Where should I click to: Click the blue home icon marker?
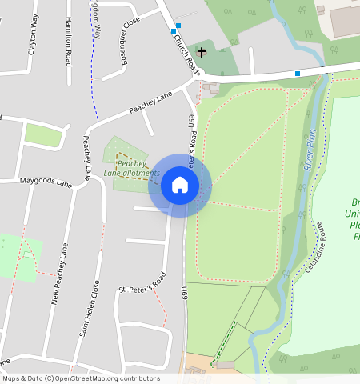pos(180,186)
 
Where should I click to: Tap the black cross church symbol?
pos(202,54)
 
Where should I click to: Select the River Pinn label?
pos(310,152)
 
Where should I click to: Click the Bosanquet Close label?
pos(126,33)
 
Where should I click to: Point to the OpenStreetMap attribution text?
pos(81,378)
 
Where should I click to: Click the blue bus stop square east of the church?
pos(298,74)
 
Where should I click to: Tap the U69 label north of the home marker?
pos(192,121)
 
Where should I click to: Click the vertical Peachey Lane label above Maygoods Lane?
pos(87,157)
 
